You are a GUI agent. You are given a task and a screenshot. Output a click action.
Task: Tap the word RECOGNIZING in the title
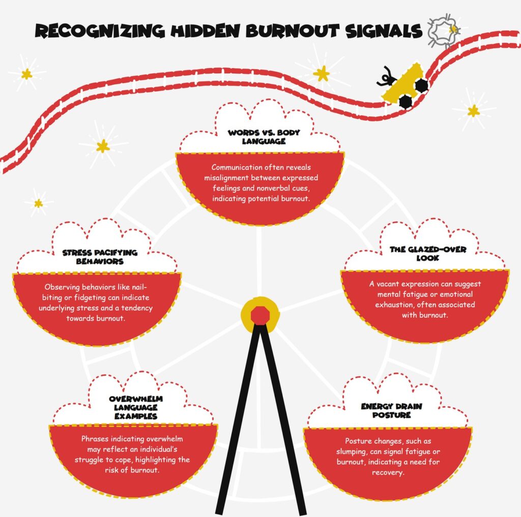[96, 32]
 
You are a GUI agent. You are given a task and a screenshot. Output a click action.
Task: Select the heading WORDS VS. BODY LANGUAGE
[264, 137]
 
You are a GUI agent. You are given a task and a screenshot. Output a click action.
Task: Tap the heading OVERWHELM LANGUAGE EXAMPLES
[133, 408]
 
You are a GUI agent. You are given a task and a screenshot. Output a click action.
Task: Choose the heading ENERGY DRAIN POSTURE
[391, 411]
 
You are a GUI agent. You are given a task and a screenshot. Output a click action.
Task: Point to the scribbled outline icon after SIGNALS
[441, 32]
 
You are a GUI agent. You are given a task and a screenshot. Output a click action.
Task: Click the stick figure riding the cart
[386, 76]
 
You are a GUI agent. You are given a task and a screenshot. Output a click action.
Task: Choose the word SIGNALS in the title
[387, 32]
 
